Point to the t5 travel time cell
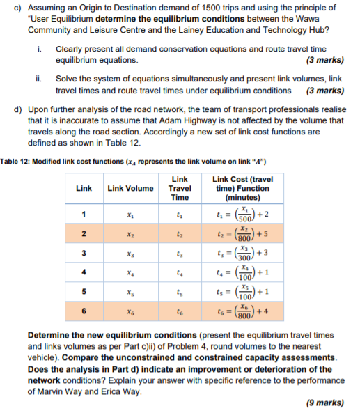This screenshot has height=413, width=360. (180, 300)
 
